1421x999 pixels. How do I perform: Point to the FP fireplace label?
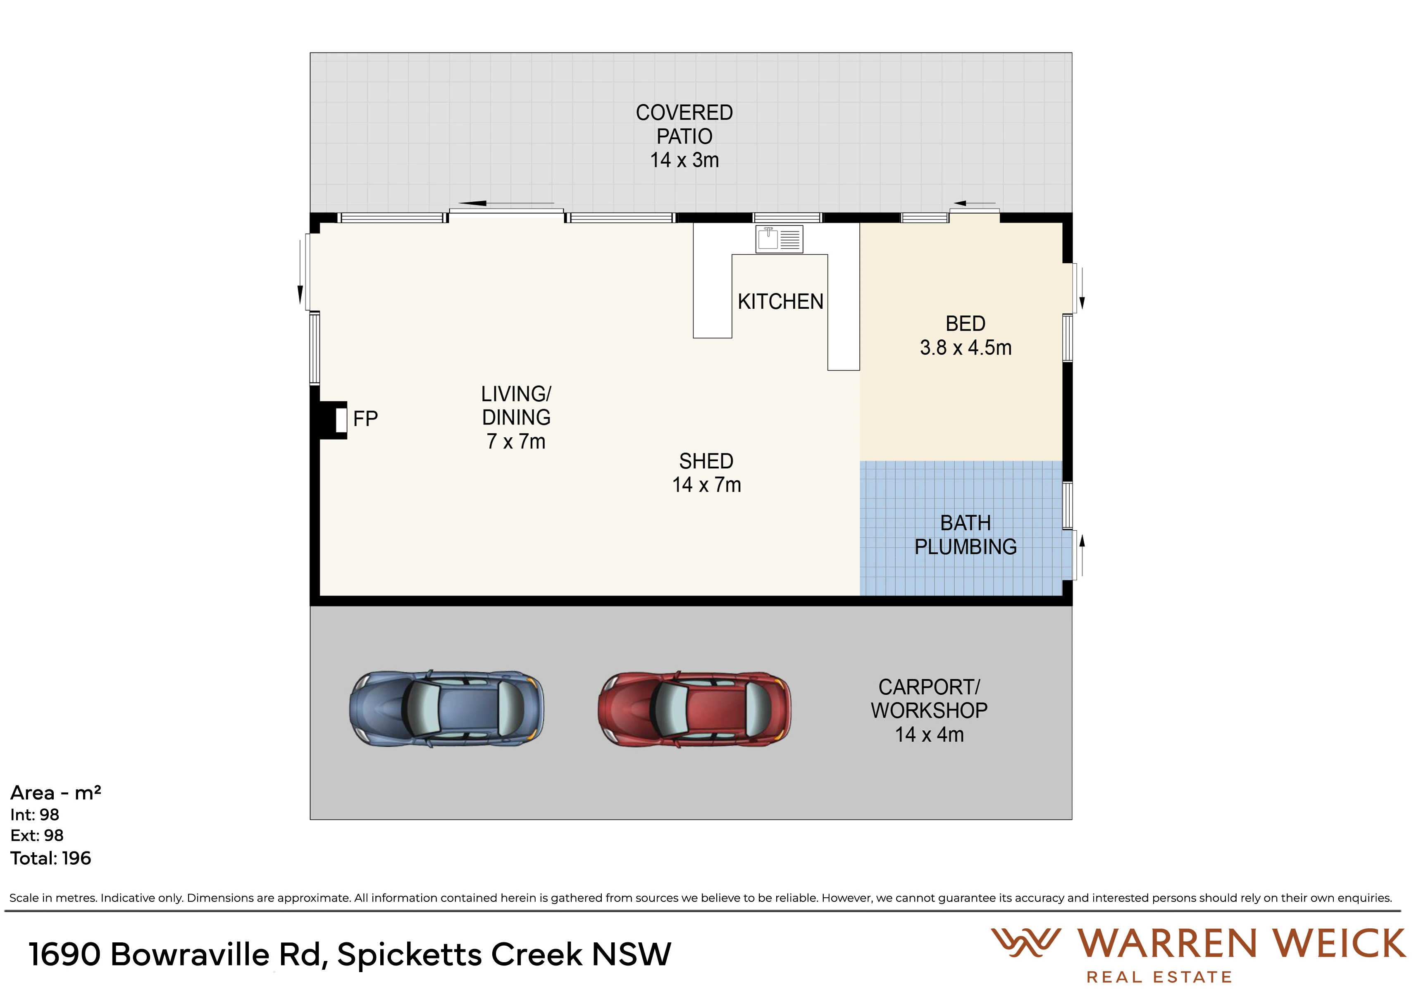pos(365,419)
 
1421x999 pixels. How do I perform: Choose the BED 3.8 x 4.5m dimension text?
pos(966,348)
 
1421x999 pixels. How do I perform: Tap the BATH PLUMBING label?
pos(966,535)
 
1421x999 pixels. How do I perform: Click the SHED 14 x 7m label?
pos(706,473)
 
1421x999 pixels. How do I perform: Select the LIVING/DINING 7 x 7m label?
pos(516,418)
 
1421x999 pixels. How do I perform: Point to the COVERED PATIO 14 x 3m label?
pos(684,136)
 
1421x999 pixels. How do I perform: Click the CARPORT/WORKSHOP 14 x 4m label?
pos(929,711)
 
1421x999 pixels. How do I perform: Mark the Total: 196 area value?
pos(51,858)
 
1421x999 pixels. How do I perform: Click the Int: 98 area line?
pos(35,815)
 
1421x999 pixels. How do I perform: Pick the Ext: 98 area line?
pos(37,836)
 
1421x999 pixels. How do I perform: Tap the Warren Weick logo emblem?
pos(1026,943)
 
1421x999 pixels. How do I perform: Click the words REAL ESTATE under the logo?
pos(1159,978)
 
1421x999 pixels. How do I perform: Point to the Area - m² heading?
pos(56,793)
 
